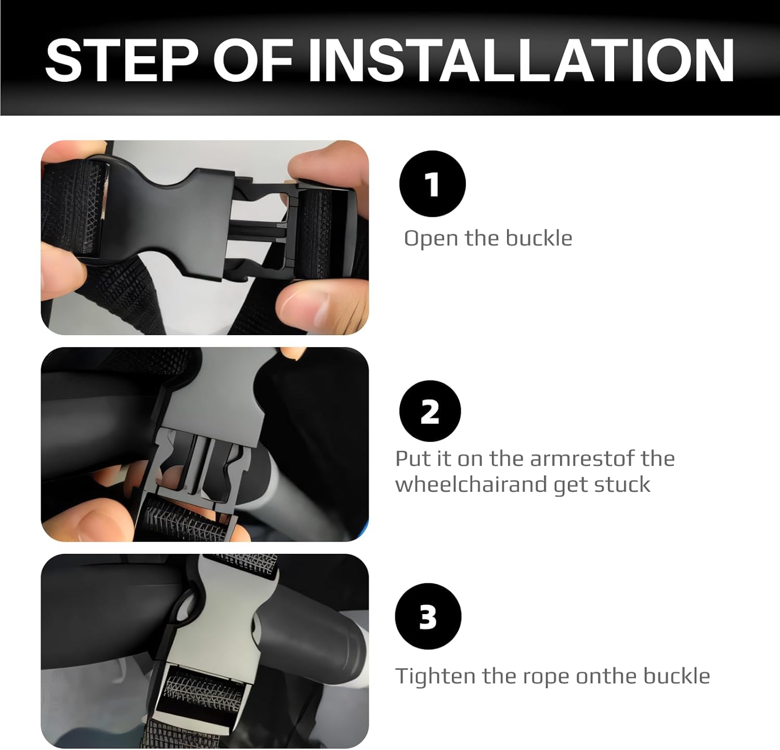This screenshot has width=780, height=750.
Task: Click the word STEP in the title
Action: coord(122,60)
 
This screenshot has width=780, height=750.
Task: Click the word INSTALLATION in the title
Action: coord(521,60)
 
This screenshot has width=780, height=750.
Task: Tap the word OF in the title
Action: coord(253,60)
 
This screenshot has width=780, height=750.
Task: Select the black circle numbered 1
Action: coord(432,184)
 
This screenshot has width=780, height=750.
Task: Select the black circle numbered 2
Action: coord(430,411)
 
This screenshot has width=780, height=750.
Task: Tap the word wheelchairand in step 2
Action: coord(471,485)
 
